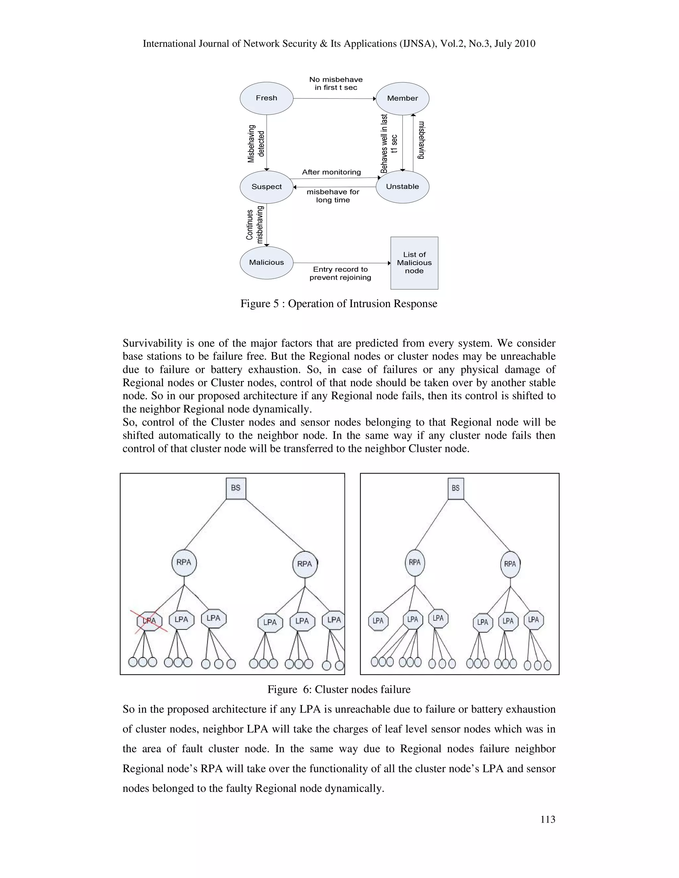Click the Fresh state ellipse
point(266,98)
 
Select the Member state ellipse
point(402,98)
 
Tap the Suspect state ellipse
point(266,187)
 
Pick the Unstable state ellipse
point(402,187)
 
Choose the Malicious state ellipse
point(266,262)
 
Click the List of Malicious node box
point(414,263)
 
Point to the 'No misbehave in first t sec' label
point(336,83)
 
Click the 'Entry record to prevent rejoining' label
point(340,273)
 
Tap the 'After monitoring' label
point(332,172)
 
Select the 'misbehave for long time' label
point(333,196)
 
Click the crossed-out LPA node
point(149,621)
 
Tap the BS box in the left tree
point(236,488)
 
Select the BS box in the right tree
point(456,488)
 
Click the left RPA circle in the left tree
point(184,563)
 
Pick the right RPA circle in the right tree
point(510,564)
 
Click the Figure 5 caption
point(339,303)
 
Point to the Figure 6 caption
point(339,689)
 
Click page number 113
point(547,819)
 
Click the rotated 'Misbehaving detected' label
point(256,143)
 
